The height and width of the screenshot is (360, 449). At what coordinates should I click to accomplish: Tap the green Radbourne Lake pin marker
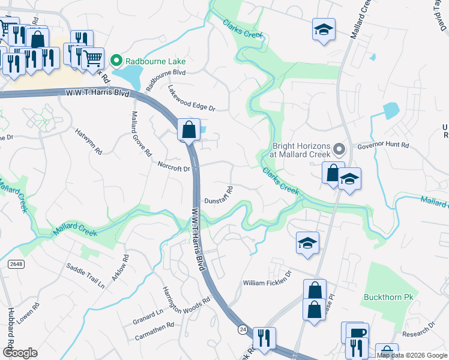tap(116, 61)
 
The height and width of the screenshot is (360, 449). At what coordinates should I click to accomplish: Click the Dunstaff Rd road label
tap(218, 202)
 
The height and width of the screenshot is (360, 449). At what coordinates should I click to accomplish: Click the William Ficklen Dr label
tap(267, 283)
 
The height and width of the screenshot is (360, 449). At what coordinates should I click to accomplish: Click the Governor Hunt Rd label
tap(382, 146)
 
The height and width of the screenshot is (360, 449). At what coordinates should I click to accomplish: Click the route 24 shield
tap(243, 329)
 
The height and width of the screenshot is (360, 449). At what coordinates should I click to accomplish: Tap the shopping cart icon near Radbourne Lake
tap(92, 58)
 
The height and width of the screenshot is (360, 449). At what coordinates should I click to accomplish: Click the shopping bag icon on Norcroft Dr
tap(188, 128)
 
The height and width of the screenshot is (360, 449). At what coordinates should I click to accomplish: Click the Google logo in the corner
tap(20, 353)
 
